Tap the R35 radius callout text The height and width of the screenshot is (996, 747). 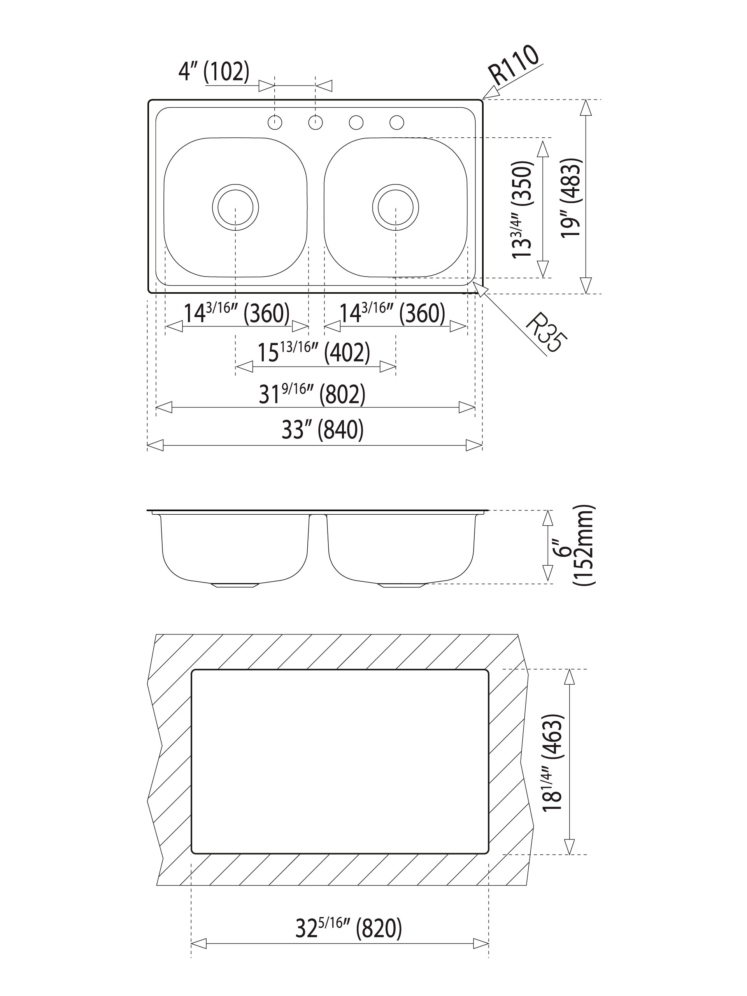coord(546,332)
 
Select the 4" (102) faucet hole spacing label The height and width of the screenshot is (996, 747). coord(214,72)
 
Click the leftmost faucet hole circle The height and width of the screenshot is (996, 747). coord(275,122)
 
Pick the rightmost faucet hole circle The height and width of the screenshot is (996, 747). coord(397,122)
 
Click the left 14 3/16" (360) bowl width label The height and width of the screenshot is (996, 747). coord(237,313)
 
